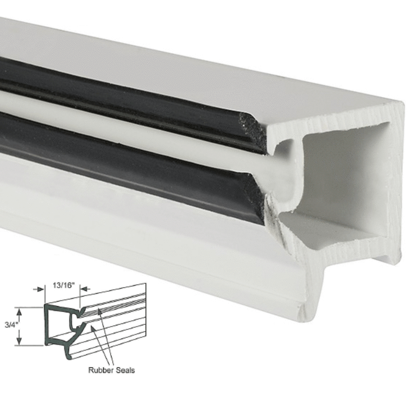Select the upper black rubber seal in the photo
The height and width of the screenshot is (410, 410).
(123, 98)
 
